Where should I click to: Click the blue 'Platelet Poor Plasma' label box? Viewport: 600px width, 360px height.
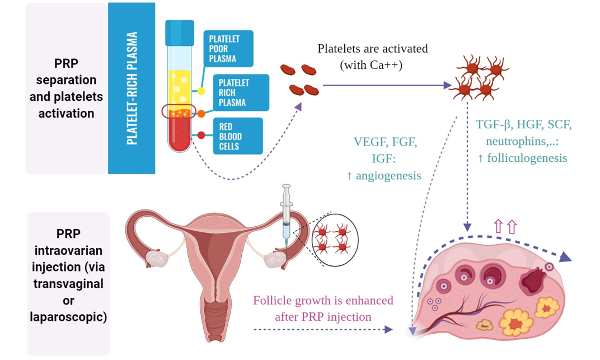(227, 49)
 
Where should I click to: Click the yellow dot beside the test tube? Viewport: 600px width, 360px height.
(201, 91)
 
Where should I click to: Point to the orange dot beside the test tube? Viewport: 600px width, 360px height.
(201, 114)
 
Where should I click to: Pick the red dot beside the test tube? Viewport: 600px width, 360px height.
(201, 135)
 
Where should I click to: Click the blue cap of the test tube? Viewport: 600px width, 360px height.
(179, 31)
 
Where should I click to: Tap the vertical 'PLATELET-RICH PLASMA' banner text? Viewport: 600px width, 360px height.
(132, 88)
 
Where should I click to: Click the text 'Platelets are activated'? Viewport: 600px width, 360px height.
(372, 49)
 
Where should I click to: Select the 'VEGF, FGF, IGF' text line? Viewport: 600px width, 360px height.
(385, 142)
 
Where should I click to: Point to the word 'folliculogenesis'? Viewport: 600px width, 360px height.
(527, 158)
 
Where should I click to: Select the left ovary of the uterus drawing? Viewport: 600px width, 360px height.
(155, 258)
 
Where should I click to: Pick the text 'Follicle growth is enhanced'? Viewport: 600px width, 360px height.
(323, 301)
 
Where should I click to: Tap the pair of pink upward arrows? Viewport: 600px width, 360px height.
(504, 226)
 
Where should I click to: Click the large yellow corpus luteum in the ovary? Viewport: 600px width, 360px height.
(516, 322)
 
